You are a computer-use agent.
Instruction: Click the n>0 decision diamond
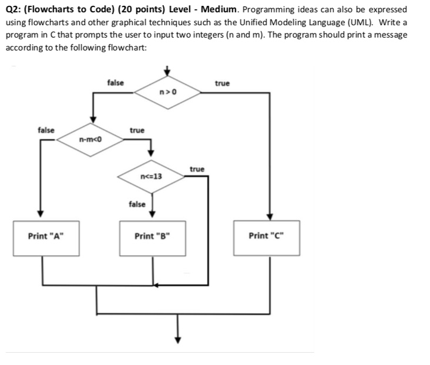(167, 92)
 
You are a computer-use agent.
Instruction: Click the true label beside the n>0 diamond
(222, 83)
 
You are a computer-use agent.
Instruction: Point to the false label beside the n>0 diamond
(116, 83)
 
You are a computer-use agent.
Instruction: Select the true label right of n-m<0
(136, 130)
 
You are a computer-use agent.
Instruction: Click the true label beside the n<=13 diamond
(197, 169)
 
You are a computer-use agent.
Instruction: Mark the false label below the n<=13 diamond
(136, 204)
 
